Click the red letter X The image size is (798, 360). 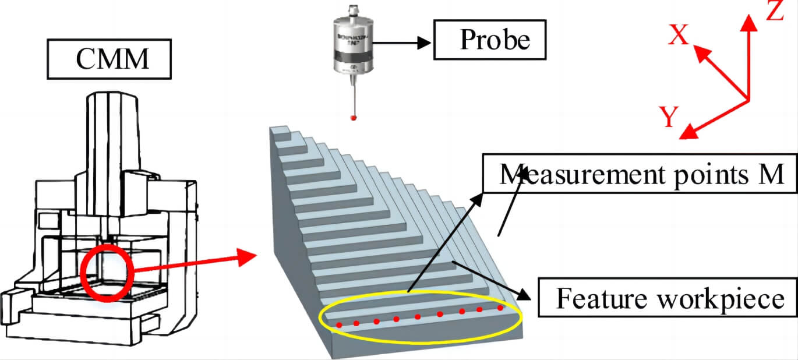(x=679, y=36)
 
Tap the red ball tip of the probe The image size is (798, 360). (x=352, y=118)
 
